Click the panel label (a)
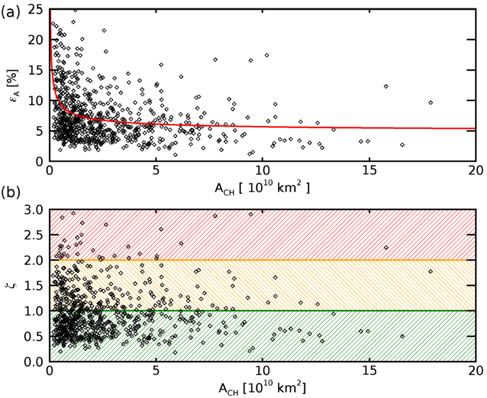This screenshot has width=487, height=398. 12,10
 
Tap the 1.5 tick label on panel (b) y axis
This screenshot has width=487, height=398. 34,286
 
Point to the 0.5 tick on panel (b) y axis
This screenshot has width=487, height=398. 34,336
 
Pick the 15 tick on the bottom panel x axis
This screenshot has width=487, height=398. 369,372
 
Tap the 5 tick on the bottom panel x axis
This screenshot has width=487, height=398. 156,372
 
